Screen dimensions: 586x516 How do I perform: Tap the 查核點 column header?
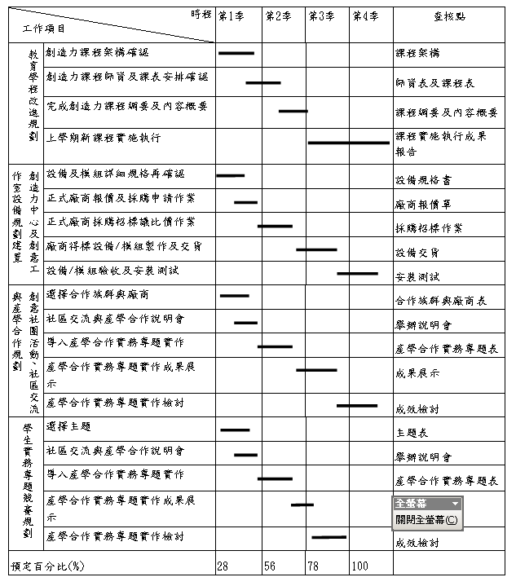tap(448, 16)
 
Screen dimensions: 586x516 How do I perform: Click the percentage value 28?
tap(223, 566)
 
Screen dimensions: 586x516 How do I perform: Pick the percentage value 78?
tap(314, 566)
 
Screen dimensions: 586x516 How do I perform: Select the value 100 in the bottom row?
tap(360, 566)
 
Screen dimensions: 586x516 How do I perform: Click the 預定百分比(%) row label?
tap(47, 566)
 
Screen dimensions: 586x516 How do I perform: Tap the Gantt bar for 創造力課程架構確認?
tap(236, 53)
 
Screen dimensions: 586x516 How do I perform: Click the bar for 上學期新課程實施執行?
tap(348, 143)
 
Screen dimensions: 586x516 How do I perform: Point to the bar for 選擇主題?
tap(236, 430)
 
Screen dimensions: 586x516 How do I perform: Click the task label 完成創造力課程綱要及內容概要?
tap(126, 106)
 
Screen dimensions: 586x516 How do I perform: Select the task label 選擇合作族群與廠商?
tap(98, 294)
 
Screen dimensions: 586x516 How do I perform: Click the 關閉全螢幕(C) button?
tap(426, 519)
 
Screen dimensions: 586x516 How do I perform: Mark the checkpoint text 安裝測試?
tap(417, 277)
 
